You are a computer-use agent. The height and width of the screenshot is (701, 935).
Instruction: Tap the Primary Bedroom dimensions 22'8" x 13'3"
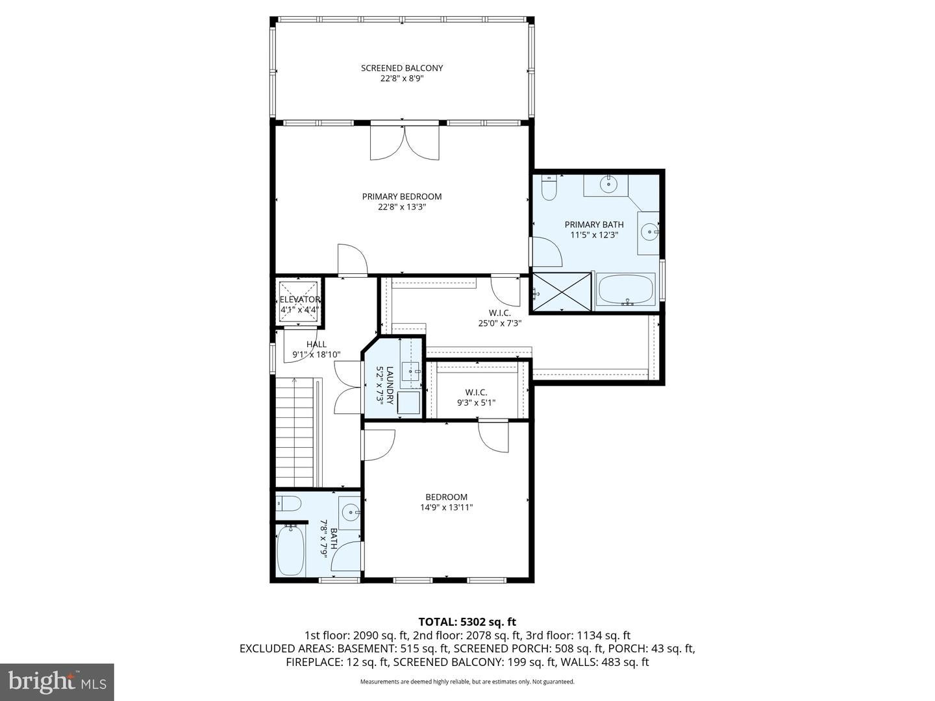[x=402, y=207]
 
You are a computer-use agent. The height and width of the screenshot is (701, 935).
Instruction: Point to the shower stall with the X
[x=562, y=292]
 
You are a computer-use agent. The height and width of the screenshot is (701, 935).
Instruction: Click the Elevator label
[x=300, y=300]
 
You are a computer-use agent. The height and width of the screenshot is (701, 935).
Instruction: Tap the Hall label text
[x=316, y=344]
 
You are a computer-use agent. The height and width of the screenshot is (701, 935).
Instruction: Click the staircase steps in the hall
[x=295, y=432]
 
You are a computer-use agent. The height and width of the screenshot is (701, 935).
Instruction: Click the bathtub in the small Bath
[x=291, y=550]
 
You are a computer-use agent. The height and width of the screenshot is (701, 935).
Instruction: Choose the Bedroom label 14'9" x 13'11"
[x=447, y=502]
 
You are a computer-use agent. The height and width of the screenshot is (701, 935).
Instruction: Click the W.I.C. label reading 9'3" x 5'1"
[x=476, y=397]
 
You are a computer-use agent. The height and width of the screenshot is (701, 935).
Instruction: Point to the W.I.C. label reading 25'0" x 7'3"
[x=500, y=318]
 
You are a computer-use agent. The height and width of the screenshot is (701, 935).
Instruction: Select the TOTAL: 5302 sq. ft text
[x=467, y=622]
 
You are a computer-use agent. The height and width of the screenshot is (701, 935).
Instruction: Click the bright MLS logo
[x=57, y=682]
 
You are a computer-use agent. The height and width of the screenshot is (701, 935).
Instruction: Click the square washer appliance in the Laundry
[x=408, y=402]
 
